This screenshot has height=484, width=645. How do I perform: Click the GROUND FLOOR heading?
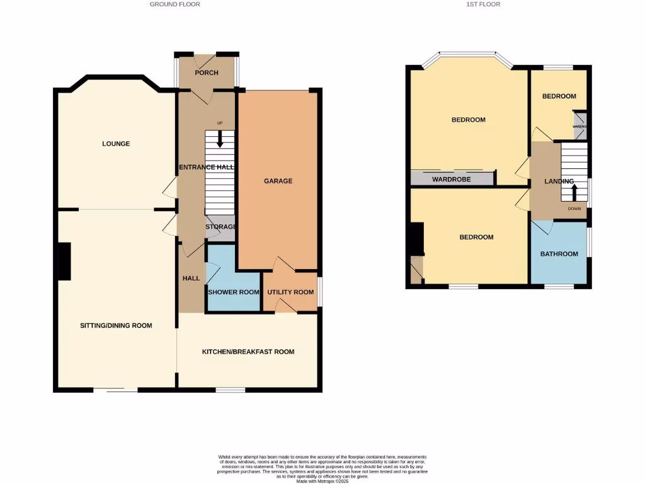coord(174,4)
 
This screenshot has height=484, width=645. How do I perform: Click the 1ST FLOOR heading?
coord(484,4)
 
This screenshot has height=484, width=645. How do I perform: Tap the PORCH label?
coord(207,73)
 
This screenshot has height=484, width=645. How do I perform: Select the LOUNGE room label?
coord(116,144)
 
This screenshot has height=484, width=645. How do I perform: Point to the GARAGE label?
coord(278,181)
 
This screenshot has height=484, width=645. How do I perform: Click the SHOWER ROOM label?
coord(234,292)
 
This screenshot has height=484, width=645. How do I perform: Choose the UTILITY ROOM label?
coord(290,292)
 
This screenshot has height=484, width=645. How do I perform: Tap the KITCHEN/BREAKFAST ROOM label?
coord(248,352)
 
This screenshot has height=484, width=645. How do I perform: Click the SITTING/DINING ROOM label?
coord(116,326)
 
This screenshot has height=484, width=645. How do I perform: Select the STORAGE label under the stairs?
coord(220,227)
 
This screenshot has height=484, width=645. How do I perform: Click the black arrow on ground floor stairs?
coord(219,139)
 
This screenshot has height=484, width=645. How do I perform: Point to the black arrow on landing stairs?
coord(573,191)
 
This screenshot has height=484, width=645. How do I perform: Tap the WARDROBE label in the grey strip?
coord(452,180)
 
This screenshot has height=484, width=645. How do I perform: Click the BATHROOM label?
coord(559,254)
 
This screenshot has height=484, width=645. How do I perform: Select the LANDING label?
coord(559,181)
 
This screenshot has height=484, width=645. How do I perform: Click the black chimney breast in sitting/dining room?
coord(64,261)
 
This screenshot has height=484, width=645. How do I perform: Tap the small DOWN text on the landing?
coord(574,209)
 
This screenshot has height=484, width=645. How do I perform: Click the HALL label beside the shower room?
coord(191,279)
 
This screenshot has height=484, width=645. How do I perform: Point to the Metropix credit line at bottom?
coord(322,481)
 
